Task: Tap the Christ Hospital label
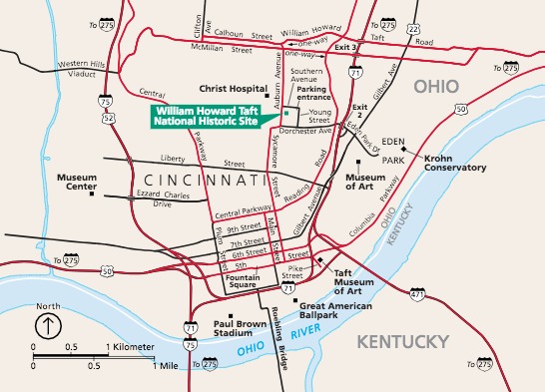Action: [232, 88]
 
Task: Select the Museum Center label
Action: [76, 181]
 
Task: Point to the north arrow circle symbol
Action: [47, 325]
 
